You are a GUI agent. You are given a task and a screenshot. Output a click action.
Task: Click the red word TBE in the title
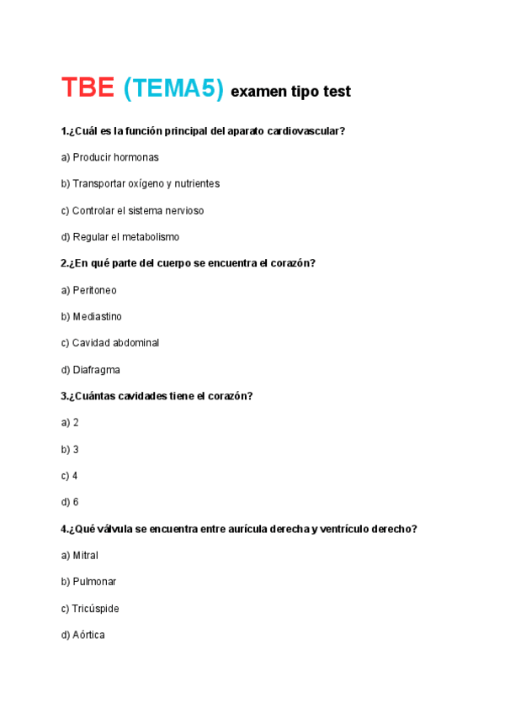[88, 88]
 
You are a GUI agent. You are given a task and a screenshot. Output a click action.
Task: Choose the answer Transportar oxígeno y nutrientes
[140, 184]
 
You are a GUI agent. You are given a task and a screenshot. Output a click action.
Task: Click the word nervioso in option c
[182, 210]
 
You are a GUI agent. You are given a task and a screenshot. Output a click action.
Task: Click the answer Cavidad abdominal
[109, 343]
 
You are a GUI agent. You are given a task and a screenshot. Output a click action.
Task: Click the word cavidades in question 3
[137, 396]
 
